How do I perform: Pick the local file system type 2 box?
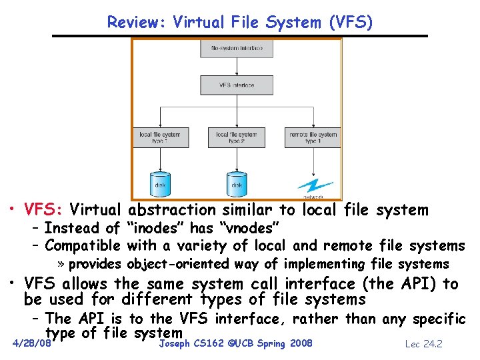click(236, 137)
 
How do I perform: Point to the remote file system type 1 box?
click(313, 137)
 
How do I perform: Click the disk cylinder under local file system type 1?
click(160, 181)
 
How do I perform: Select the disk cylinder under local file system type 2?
click(236, 181)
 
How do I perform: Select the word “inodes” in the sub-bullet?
click(152, 229)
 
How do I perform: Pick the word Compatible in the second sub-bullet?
click(82, 246)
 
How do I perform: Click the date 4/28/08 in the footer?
click(32, 344)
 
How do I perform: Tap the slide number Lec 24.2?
click(424, 344)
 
